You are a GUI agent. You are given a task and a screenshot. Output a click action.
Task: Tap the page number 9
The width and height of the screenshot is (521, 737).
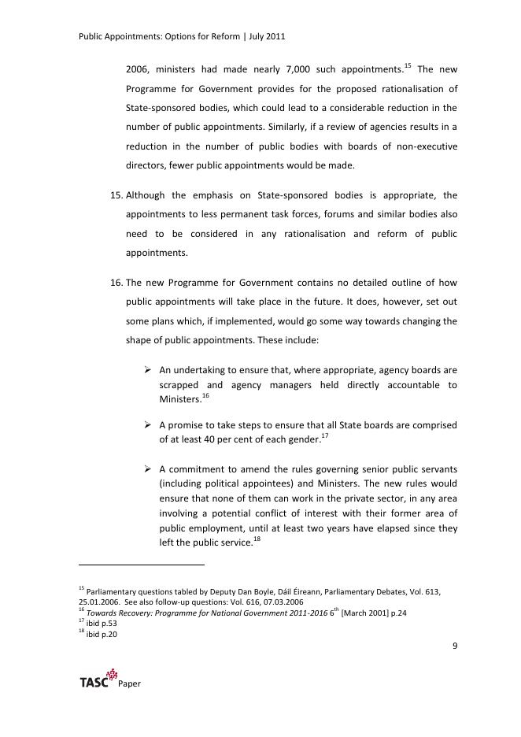[455, 646]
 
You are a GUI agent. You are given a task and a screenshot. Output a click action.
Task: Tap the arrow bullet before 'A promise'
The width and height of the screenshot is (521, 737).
[148, 425]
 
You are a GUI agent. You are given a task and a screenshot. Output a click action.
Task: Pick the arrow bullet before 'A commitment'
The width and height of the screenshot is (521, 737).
[148, 468]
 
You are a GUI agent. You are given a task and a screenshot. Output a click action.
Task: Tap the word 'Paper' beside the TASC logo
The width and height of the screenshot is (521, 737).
[130, 684]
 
